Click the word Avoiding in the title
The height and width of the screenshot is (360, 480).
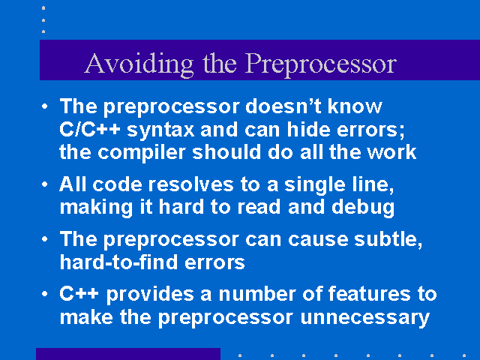(x=139, y=64)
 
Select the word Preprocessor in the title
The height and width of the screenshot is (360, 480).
(x=321, y=64)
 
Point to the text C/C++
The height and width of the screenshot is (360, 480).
(x=89, y=129)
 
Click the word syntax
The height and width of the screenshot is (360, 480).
(x=160, y=130)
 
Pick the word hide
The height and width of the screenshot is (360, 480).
(x=308, y=129)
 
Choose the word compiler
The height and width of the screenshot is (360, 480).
(x=142, y=152)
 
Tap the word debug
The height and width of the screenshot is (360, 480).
(x=363, y=207)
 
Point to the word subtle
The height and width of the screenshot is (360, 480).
(x=388, y=239)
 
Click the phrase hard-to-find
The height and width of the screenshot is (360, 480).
(x=118, y=262)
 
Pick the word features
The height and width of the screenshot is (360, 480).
(x=369, y=294)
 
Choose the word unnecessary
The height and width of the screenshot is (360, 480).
(x=365, y=318)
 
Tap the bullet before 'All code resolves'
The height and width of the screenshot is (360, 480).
(x=45, y=184)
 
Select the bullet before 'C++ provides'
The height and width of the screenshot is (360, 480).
(x=45, y=294)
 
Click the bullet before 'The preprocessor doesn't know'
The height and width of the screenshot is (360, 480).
(x=45, y=106)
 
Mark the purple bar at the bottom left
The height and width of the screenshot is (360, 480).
(x=128, y=354)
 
